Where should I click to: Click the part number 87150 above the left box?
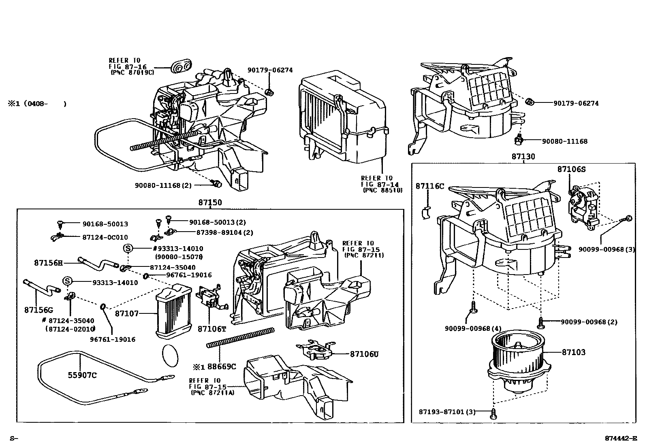coord(210,202)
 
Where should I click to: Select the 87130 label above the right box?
coord(523,156)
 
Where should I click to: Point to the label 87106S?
coord(571,169)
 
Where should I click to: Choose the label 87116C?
coord(430,186)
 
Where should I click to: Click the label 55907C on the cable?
coord(82,375)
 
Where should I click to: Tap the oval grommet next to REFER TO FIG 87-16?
coord(182,67)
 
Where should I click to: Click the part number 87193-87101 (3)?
coord(447,412)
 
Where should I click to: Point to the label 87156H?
coord(48,263)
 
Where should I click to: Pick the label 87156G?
coord(38,310)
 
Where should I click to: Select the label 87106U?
coord(364,354)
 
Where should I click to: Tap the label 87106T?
coord(211,329)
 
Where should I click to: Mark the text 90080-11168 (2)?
coord(163,185)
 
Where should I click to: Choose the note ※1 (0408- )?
coord(37,104)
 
